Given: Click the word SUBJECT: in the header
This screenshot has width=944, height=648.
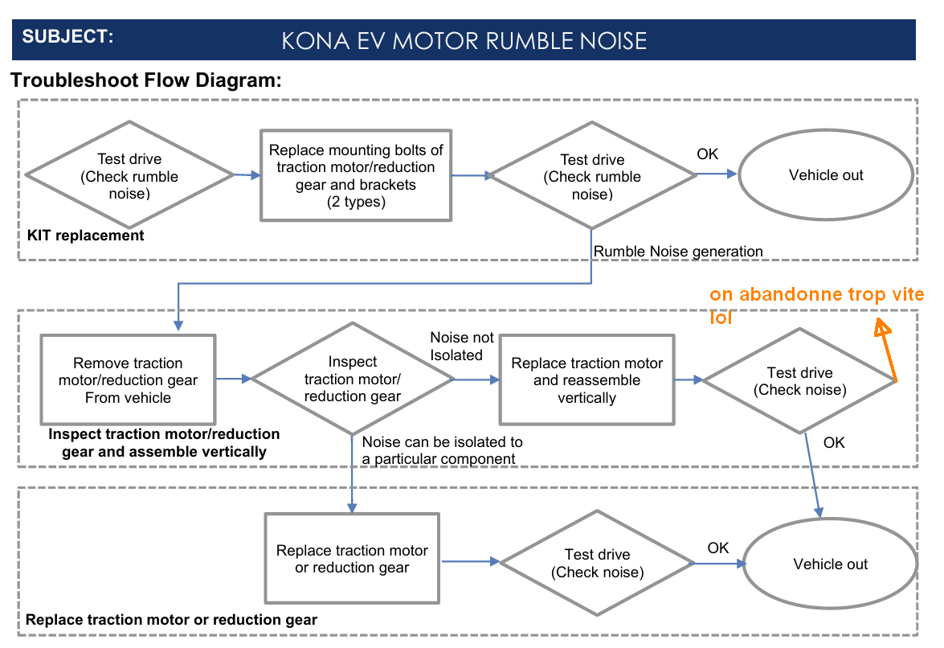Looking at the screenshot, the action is point(68,37).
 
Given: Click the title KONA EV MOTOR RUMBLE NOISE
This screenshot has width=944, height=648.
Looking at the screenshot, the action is point(464,41).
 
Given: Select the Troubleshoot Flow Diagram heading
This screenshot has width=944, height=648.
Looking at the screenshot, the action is point(146,80).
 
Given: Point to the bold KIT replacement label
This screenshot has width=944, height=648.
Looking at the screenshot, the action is point(85,236).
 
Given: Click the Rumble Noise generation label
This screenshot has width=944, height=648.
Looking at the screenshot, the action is point(678,251).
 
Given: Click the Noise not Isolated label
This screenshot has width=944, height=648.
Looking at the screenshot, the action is point(462,347).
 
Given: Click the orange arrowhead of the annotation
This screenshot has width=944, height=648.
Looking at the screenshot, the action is point(882,326).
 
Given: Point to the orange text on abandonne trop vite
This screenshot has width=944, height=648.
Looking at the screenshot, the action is point(816,294).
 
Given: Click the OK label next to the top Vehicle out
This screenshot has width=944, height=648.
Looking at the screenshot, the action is point(708,154).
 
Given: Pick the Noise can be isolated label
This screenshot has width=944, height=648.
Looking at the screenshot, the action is point(443,450).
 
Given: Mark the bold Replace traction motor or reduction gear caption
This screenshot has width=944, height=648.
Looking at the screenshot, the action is point(172,620).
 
